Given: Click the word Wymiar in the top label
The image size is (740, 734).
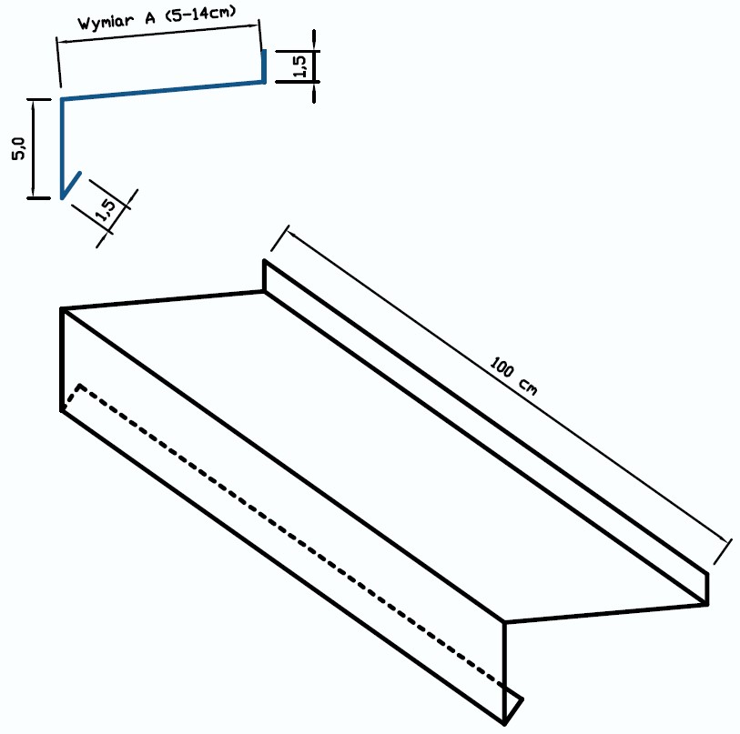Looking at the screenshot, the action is (106, 21).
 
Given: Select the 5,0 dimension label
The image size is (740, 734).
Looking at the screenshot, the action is (18, 148).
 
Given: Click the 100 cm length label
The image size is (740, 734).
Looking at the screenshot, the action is (513, 376).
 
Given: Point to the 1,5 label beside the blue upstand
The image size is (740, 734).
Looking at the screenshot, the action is (300, 66).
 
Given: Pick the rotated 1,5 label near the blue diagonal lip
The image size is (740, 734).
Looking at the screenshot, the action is (106, 210).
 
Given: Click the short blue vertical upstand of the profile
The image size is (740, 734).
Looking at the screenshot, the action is (264, 66).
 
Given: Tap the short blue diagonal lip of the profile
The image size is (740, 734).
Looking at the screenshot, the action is (71, 186).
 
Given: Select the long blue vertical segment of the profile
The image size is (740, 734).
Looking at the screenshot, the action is (61, 148).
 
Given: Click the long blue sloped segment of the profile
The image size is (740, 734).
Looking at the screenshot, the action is (162, 90).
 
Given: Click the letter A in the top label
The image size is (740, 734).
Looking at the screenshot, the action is (150, 18).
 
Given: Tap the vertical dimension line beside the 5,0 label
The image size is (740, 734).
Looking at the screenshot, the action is (33, 148).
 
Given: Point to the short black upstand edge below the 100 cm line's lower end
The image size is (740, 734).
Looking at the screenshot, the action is (707, 588).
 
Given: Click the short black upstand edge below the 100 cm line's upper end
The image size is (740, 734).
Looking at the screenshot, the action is (264, 276).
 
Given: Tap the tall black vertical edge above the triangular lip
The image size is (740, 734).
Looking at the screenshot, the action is (504, 672).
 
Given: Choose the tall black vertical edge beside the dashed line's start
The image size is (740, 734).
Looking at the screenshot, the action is (62, 359).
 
